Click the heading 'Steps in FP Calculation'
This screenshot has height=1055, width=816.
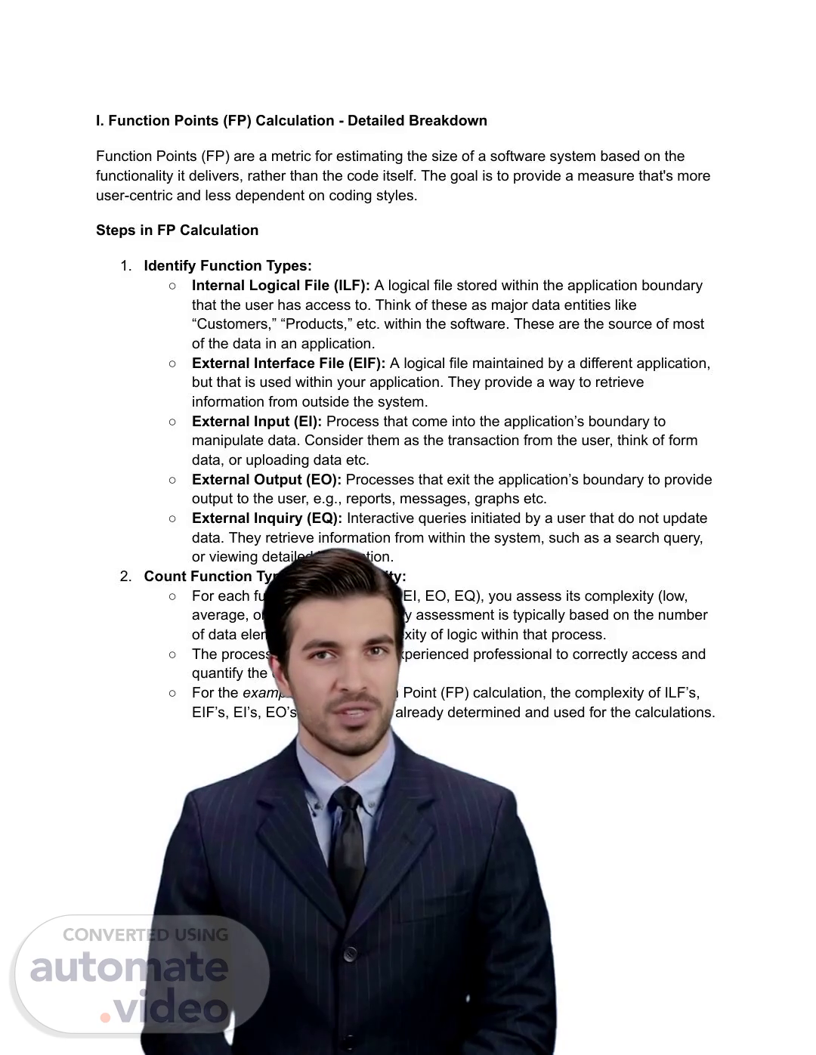[x=177, y=230]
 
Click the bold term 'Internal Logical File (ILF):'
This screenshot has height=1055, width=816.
[x=280, y=286]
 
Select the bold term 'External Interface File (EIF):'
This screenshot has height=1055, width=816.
[x=288, y=364]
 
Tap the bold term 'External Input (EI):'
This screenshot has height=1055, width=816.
[x=256, y=422]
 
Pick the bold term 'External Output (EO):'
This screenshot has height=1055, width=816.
[x=266, y=480]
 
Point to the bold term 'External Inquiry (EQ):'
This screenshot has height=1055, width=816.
[x=267, y=518]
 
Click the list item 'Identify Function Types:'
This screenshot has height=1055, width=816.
[x=227, y=266]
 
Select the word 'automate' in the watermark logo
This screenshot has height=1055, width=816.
[x=128, y=968]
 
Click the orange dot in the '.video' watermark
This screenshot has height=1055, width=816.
[x=106, y=1017]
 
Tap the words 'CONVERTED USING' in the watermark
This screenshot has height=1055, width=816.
[x=145, y=935]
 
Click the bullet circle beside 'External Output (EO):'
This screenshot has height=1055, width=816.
[x=172, y=480]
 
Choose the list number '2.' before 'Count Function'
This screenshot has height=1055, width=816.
[x=125, y=577]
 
